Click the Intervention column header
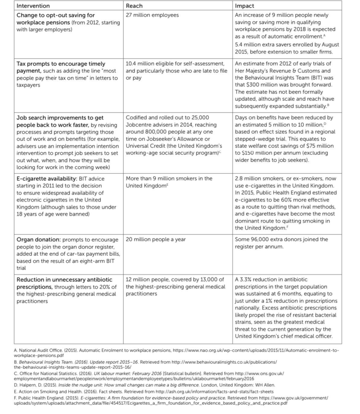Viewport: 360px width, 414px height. tap(33, 6)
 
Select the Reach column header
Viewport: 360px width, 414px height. tap(134, 6)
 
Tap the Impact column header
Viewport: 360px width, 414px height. tap(245, 6)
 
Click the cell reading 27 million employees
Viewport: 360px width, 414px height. tap(152, 15)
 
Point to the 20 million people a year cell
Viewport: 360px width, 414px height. tap(156, 239)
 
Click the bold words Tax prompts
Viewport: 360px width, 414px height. tap(34, 64)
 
